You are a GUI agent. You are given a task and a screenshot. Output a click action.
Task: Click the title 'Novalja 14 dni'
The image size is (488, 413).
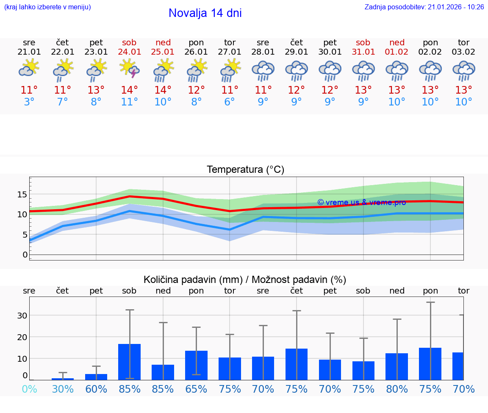click(x=205, y=13)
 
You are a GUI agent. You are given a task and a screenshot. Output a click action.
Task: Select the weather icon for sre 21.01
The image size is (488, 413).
click(x=29, y=68)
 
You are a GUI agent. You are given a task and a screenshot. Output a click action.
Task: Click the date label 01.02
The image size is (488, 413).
click(x=397, y=52)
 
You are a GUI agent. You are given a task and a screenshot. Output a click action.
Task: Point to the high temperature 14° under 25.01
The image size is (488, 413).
click(x=163, y=90)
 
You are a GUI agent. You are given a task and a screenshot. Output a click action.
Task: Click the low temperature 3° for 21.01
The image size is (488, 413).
click(x=29, y=102)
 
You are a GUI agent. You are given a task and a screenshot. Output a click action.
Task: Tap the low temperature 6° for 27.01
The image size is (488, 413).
click(x=230, y=102)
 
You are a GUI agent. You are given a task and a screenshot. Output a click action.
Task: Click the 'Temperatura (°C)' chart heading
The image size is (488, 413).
click(x=245, y=170)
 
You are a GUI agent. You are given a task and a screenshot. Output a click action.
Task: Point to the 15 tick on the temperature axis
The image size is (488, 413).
click(x=22, y=194)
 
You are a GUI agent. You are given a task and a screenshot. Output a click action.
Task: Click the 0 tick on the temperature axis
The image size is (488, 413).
click(x=25, y=255)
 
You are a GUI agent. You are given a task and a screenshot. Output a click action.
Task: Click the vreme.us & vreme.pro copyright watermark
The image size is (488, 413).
click(x=361, y=202)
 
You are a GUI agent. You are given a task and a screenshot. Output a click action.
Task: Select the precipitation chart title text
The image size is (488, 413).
click(x=245, y=280)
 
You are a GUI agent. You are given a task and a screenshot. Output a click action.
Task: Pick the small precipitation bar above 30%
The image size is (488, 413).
click(x=63, y=379)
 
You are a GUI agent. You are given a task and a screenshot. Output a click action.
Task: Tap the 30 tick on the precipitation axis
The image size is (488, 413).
click(x=22, y=316)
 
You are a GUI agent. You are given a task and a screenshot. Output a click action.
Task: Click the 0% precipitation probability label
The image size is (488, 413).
click(x=29, y=389)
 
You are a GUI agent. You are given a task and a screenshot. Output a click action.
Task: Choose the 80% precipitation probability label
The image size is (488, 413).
click(x=397, y=389)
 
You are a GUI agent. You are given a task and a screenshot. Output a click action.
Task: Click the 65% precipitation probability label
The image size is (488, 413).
click(x=196, y=389)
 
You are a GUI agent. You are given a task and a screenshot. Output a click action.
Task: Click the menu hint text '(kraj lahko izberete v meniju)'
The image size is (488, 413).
click(x=47, y=7)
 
